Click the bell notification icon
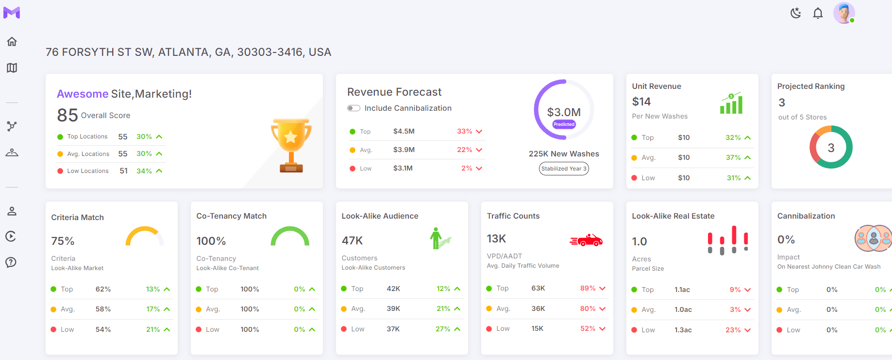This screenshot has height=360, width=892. tap(818, 13)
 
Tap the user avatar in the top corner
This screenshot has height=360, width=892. tap(844, 13)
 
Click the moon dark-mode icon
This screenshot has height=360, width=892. tap(795, 13)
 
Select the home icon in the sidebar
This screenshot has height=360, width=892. tap(12, 42)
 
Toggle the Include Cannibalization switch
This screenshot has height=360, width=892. tap(353, 108)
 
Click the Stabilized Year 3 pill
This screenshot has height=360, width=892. tap(564, 169)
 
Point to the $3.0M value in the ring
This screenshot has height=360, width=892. tap(564, 112)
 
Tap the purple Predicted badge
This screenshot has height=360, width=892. tap(564, 124)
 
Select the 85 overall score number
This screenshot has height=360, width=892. tap(67, 115)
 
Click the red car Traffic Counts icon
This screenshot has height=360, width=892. tap(586, 240)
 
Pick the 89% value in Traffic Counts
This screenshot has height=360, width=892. tap(588, 288)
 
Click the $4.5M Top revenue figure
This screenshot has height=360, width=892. tap(404, 131)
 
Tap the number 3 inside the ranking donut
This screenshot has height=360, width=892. tap(831, 148)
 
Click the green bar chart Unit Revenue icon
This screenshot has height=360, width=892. tap(731, 103)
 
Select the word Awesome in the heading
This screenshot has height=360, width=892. tap(83, 94)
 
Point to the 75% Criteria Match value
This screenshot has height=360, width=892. tap(63, 241)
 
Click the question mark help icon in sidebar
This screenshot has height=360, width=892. tap(11, 262)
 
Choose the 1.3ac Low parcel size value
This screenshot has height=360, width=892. tap(683, 330)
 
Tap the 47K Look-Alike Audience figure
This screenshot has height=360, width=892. tap(352, 240)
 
